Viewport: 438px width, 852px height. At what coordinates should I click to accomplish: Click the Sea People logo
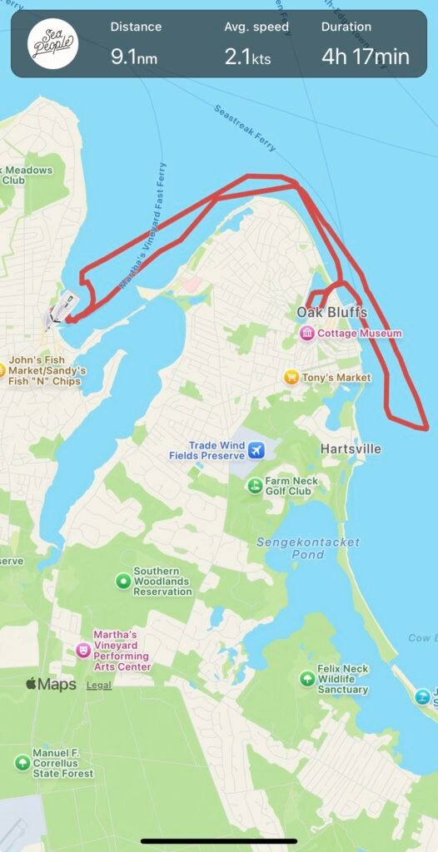point(52,44)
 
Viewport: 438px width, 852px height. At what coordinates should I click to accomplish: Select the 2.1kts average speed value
point(248,57)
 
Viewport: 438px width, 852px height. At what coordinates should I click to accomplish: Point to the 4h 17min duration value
point(366,57)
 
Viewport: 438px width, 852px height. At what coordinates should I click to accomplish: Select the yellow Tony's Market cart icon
point(291,377)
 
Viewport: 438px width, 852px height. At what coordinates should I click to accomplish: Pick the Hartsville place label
point(351,449)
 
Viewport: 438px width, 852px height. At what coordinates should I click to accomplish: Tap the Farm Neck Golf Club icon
point(256,486)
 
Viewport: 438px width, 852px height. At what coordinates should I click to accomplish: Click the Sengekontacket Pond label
point(308,547)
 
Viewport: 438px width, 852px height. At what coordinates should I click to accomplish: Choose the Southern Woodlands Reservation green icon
point(123,581)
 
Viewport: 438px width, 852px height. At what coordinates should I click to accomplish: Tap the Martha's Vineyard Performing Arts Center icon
point(82,650)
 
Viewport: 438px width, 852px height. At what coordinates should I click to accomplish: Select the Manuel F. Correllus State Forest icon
point(22,762)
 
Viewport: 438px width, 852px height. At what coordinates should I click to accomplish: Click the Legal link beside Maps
point(99,686)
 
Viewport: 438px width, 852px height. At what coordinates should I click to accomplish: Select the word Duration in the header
point(346,27)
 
